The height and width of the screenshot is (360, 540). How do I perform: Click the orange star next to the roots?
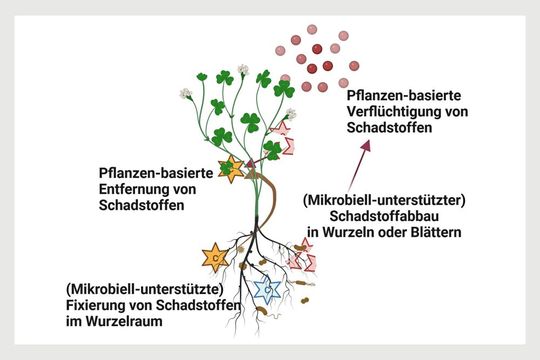215,257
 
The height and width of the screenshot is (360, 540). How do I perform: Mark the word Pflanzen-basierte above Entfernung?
156,172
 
